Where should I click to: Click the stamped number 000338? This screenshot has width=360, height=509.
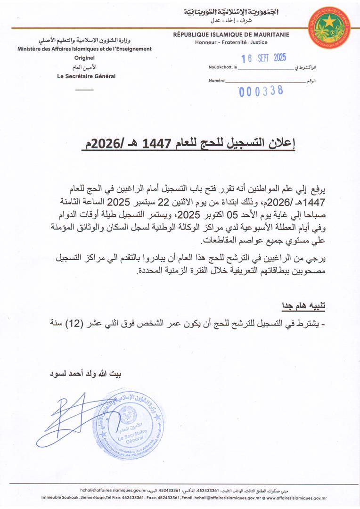point(261,91)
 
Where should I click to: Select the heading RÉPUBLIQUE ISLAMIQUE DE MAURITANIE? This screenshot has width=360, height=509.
point(231,34)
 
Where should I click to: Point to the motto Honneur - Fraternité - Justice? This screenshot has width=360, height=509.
point(231,42)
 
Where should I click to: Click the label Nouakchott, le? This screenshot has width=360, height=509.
point(223,68)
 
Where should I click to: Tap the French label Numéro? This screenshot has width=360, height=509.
point(216,81)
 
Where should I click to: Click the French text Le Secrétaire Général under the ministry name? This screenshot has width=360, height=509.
point(86,76)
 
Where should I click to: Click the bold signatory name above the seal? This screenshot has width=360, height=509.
point(85,376)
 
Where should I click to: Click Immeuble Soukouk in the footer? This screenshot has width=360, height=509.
point(57,498)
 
